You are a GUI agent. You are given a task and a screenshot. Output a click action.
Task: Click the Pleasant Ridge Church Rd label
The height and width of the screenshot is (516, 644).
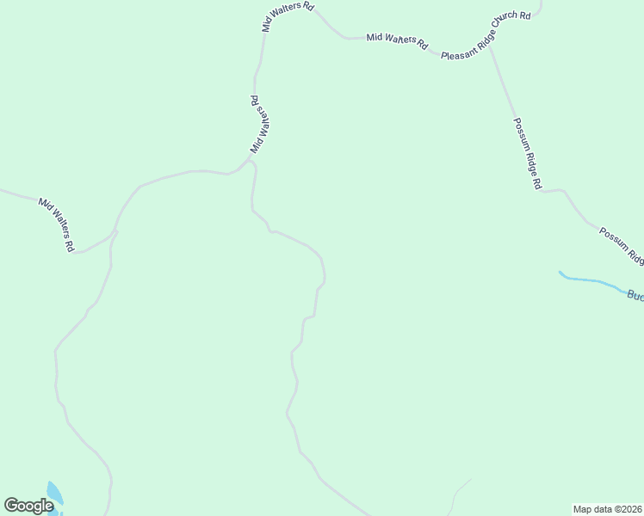pyautogui.click(x=487, y=36)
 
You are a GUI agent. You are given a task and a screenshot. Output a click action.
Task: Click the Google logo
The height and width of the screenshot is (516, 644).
pyautogui.click(x=28, y=506)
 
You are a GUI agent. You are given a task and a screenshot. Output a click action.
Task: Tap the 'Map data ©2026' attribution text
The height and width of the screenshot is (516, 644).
pyautogui.click(x=607, y=509)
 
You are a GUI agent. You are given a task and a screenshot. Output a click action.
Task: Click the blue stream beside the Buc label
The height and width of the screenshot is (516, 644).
pyautogui.click(x=594, y=281)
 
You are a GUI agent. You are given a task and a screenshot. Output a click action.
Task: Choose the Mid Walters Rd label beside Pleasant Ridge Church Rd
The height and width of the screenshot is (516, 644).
pyautogui.click(x=397, y=40)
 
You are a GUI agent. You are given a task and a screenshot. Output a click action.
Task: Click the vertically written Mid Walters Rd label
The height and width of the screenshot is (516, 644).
pyautogui.click(x=261, y=126)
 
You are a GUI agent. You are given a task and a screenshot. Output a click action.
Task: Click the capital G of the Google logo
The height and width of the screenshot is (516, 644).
pyautogui.click(x=11, y=506)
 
